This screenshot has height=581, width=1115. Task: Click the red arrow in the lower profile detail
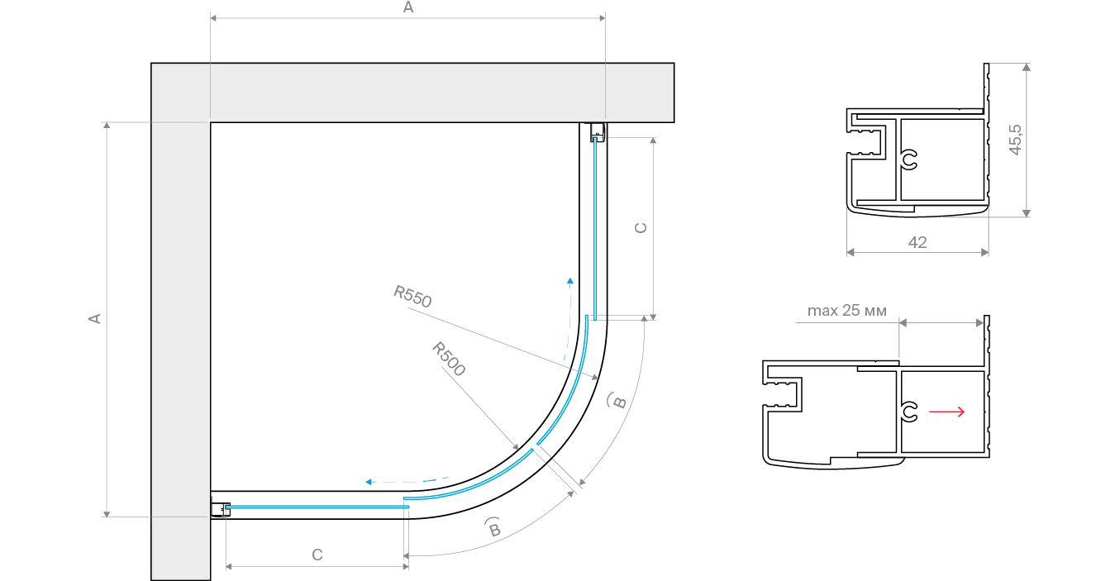point(946,412)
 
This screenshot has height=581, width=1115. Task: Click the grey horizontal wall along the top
point(413,92)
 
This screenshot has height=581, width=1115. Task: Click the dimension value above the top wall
point(408,8)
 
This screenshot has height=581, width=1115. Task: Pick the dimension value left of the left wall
point(94,318)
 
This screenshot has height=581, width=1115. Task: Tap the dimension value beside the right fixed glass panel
point(642,226)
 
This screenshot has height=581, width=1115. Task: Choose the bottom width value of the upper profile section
point(920,242)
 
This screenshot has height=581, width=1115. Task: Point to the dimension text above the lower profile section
point(846,314)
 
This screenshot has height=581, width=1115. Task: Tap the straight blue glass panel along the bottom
point(314,506)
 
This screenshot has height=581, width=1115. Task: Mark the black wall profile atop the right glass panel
point(594,130)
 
